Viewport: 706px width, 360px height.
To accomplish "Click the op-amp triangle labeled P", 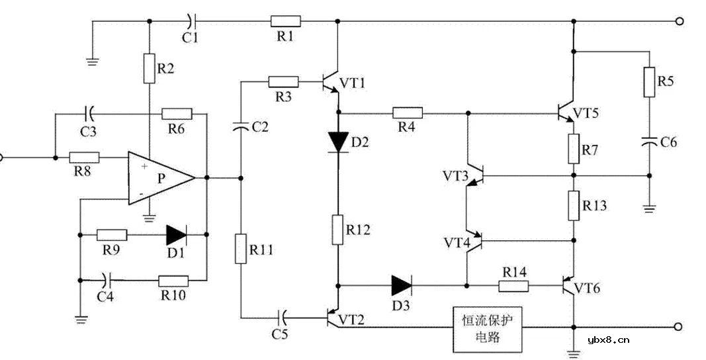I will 159,177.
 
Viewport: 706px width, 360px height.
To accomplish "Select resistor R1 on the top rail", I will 285,21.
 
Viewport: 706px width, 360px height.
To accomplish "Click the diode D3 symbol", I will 402,286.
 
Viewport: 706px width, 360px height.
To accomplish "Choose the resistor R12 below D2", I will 338,229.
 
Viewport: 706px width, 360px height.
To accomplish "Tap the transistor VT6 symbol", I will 567,287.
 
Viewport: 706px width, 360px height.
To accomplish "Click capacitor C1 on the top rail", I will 191,21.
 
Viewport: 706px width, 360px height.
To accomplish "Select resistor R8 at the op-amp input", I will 85,157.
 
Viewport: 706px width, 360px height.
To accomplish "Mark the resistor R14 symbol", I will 513,286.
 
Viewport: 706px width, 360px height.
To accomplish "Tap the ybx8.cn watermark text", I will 608,341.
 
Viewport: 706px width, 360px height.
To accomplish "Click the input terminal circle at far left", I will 1,157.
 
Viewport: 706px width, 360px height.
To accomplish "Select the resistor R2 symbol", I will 149,68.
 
